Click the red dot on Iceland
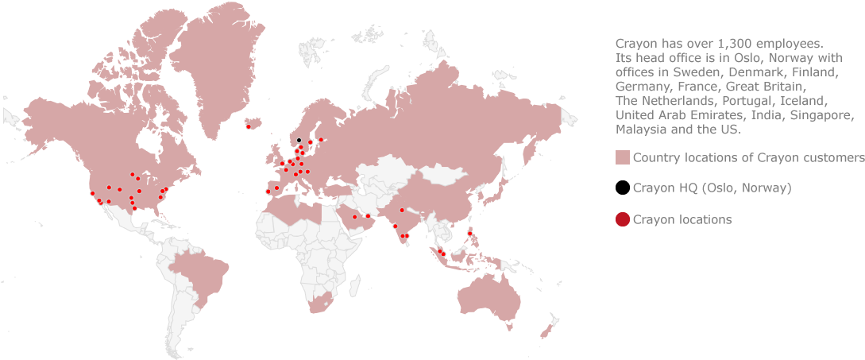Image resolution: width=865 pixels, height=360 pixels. point(249,126)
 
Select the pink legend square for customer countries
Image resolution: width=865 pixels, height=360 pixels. point(623,157)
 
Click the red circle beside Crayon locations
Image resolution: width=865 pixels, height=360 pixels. point(623,219)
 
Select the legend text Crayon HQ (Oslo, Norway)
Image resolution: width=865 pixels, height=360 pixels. point(711,188)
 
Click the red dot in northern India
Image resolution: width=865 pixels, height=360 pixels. point(402,210)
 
